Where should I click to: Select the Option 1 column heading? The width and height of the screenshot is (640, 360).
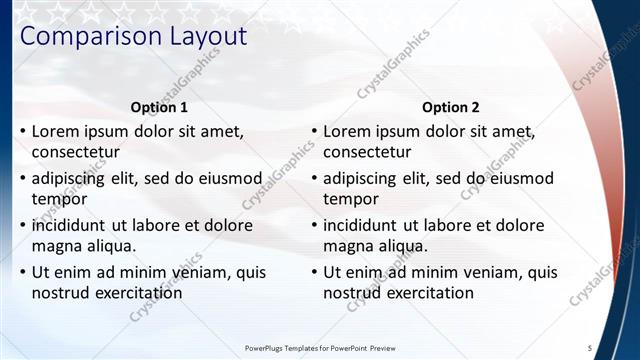pos(159,107)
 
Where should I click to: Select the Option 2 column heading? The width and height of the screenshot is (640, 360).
pos(450,107)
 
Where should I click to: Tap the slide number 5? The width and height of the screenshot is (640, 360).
pos(590,347)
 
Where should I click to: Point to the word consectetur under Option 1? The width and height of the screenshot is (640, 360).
pos(76,153)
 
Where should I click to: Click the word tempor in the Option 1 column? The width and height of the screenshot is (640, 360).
pos(58,199)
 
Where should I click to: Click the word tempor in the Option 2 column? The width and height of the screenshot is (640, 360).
pos(349,199)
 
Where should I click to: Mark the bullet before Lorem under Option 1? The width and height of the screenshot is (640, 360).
pos(22,131)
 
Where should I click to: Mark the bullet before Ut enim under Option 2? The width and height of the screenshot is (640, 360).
pos(313,271)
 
